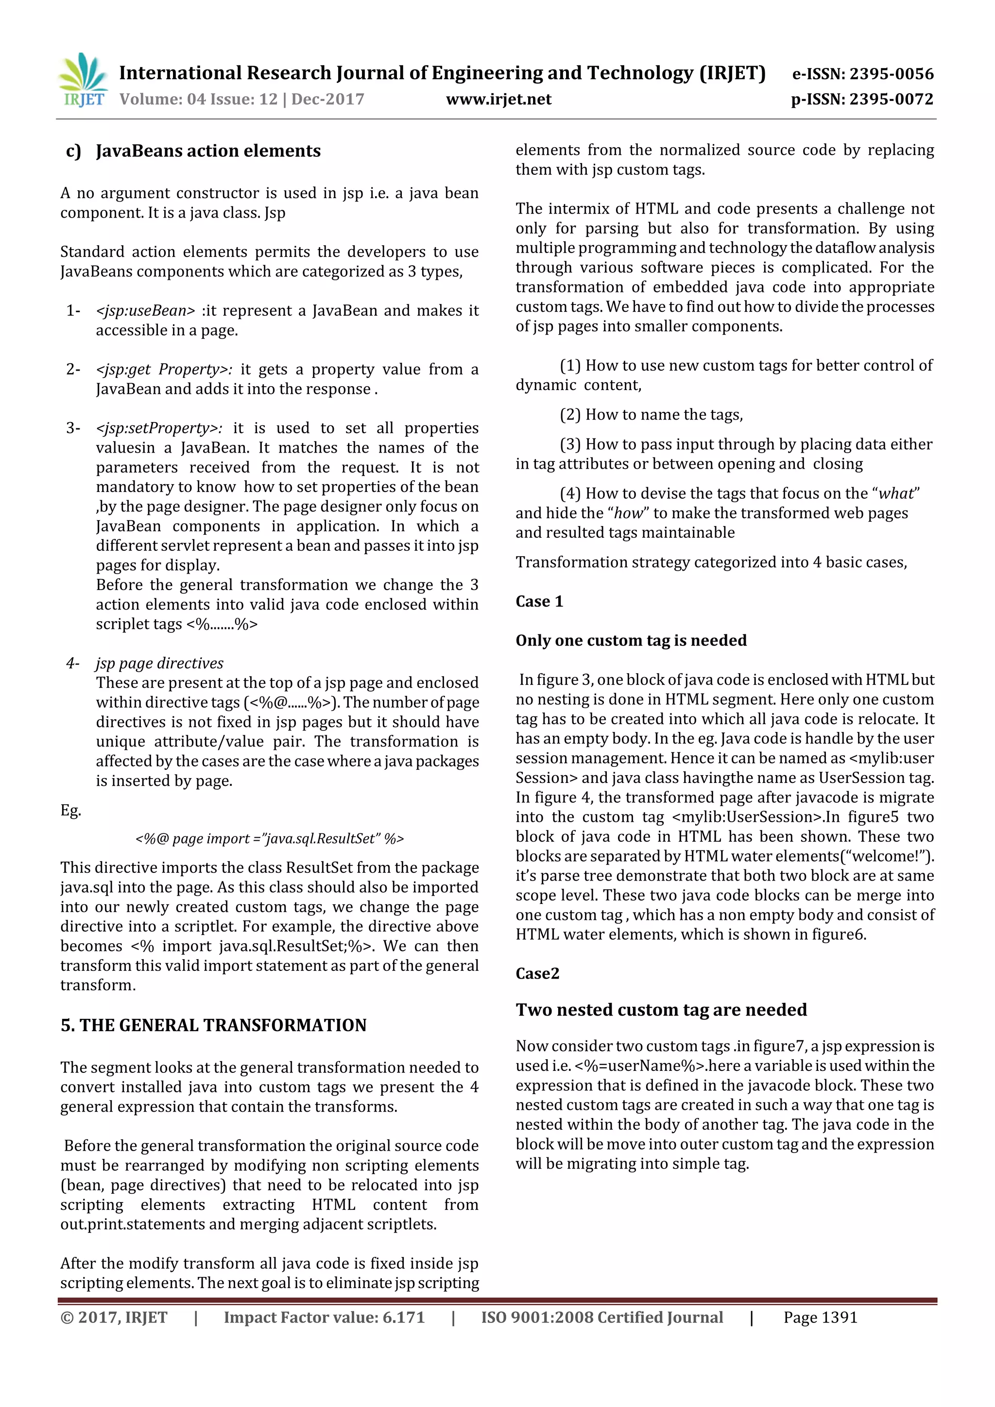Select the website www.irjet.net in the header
pos(498,99)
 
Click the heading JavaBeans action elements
pos(208,151)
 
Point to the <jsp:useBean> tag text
pos(145,311)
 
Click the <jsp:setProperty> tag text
pos(159,428)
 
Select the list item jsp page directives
pos(159,663)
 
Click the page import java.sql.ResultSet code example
pos(269,838)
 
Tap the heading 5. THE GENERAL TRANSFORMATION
pos(213,1025)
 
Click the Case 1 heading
pos(539,601)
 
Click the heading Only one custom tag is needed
pos(631,641)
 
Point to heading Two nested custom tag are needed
pos(661,1009)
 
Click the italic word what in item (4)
pos(896,493)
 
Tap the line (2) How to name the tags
pos(651,415)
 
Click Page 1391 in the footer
pos(820,1318)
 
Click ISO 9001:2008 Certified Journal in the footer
pos(601,1318)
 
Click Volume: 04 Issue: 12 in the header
pos(198,99)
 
